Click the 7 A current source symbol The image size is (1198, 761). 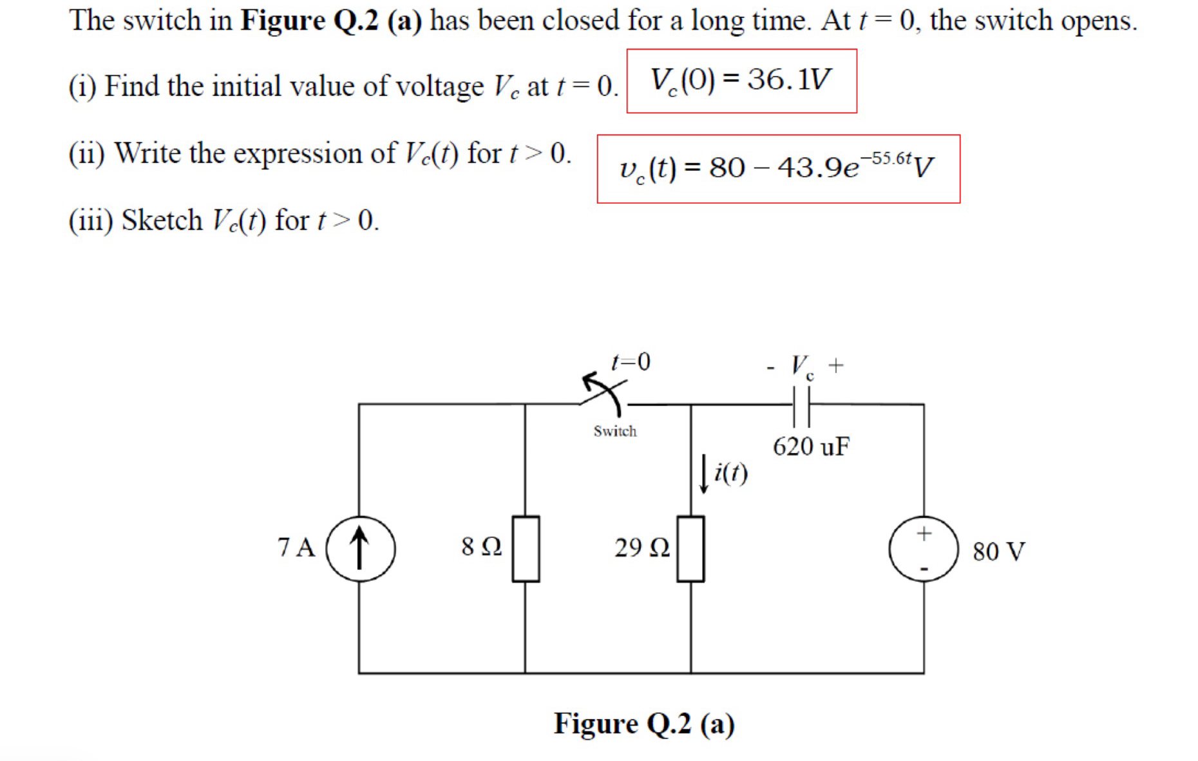[360, 548]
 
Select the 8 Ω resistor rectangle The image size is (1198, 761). [526, 548]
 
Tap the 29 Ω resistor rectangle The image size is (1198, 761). [690, 548]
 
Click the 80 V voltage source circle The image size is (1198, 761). [924, 548]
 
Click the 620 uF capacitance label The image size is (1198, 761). [811, 446]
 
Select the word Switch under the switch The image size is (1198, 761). [615, 431]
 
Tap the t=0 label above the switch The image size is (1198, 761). [631, 361]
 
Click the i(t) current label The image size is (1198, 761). [731, 474]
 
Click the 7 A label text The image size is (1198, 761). [296, 548]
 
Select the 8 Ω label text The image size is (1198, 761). [481, 547]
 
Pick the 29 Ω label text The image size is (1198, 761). [642, 548]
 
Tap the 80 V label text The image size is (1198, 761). [998, 552]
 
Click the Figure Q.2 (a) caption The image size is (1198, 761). [644, 724]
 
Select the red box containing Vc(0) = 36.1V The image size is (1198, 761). [741, 81]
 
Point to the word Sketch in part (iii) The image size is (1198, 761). [162, 220]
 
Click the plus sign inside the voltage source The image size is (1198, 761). [924, 533]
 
